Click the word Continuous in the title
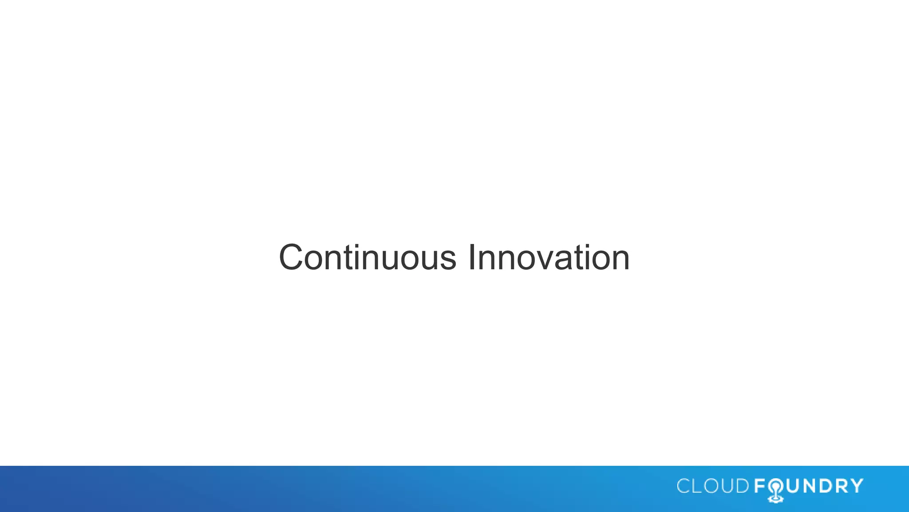(x=368, y=258)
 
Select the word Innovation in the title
(x=549, y=258)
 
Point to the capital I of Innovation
(x=472, y=258)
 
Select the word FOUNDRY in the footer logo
(x=809, y=486)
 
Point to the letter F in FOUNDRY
(x=759, y=486)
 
